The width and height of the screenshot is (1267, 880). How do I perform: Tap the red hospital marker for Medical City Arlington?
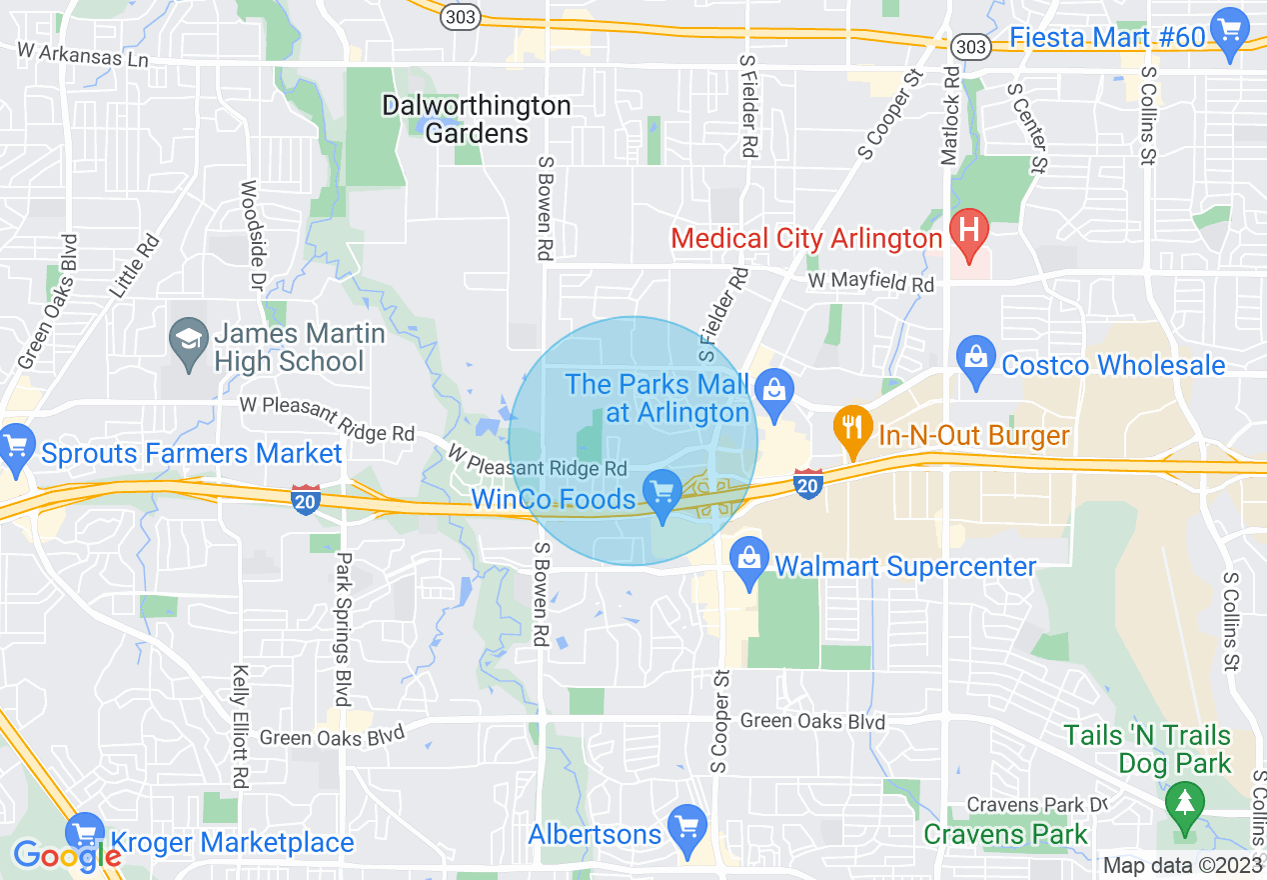click(967, 229)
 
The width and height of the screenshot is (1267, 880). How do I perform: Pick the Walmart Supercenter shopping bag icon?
click(748, 557)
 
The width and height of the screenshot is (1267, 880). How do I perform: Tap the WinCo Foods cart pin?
click(661, 492)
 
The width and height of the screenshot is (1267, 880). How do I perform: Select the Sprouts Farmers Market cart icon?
click(16, 444)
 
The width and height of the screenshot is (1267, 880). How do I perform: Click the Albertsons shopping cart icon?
click(686, 824)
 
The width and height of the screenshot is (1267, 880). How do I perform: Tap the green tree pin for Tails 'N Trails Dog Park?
click(1185, 799)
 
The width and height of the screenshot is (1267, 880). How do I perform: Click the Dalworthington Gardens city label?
click(477, 119)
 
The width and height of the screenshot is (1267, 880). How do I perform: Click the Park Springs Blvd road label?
click(343, 629)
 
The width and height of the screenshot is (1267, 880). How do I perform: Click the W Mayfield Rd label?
click(870, 283)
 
